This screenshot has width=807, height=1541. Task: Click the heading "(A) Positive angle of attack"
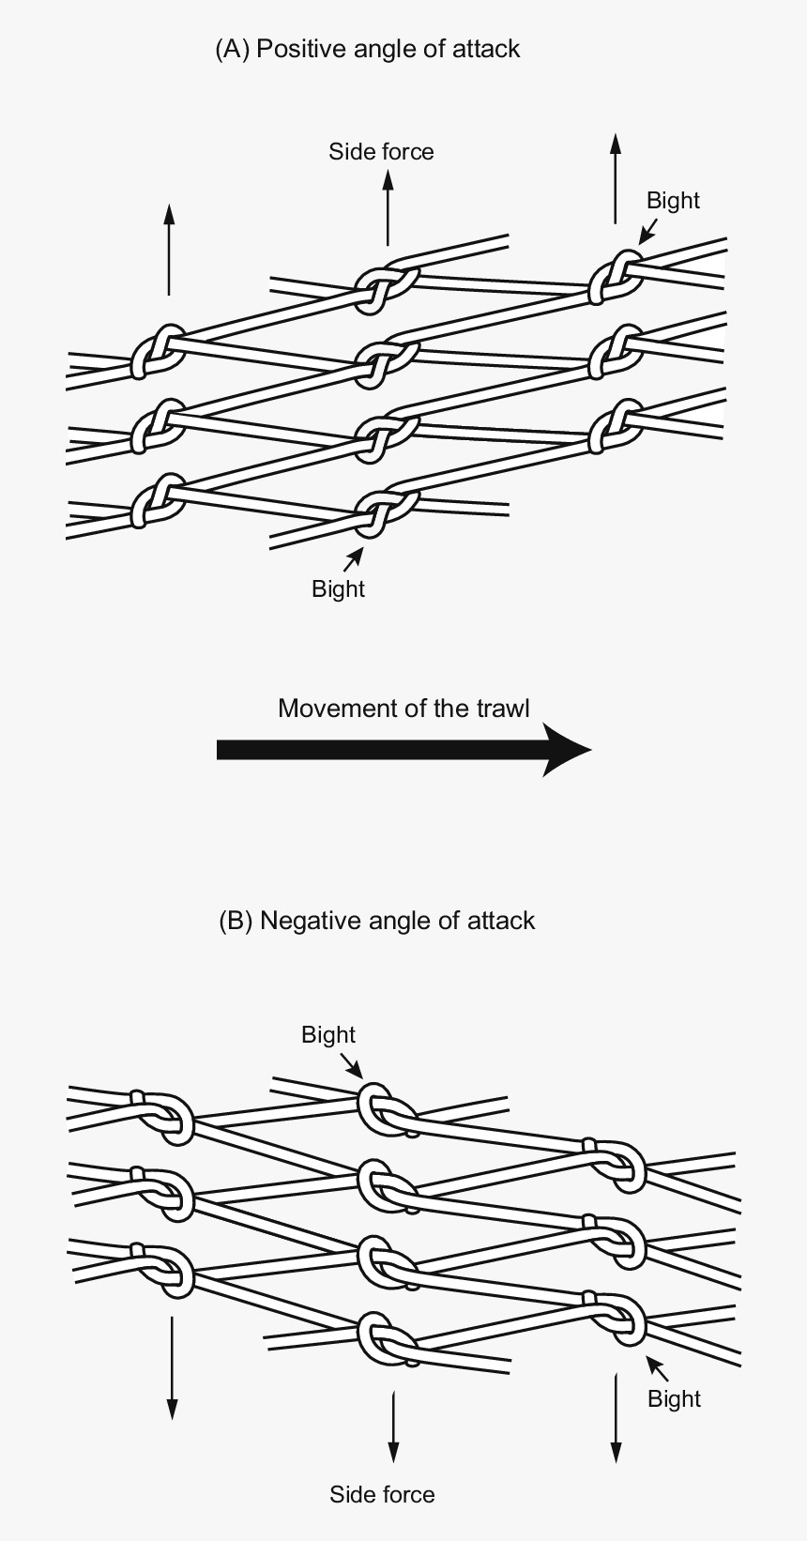[x=368, y=50]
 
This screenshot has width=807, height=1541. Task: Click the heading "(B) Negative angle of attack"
[x=376, y=922]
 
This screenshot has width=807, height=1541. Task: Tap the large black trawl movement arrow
[x=403, y=750]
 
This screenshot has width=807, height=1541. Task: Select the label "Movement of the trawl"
[x=403, y=709]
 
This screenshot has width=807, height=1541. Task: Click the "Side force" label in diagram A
[x=381, y=151]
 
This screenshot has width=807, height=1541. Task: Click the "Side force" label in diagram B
[x=382, y=1494]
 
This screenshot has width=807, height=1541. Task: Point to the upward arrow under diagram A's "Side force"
[x=388, y=207]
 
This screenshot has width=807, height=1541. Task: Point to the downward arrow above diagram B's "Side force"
[x=393, y=1427]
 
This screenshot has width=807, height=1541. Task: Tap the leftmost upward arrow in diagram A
[x=169, y=249]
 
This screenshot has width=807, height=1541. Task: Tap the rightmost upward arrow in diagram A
[x=616, y=178]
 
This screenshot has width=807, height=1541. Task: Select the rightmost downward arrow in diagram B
[x=616, y=1417]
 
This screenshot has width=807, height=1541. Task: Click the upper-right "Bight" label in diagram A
[x=673, y=200]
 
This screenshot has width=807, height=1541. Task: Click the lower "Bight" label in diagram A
[x=338, y=588]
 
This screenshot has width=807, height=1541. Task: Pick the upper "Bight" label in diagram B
[x=328, y=1034]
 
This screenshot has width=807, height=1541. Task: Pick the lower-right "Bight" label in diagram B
[x=674, y=1398]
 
